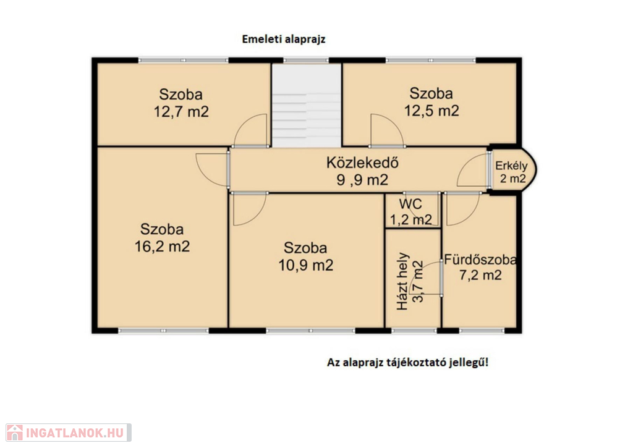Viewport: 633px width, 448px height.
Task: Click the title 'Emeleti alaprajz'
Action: pos(283,39)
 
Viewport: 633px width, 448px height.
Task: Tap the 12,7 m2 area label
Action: pos(181,111)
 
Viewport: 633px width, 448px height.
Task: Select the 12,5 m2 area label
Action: pos(431,111)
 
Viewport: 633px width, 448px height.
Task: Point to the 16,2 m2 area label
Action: pos(162,246)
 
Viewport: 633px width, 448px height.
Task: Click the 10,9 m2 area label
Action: pos(306,265)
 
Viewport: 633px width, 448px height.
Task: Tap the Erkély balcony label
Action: pos(511,166)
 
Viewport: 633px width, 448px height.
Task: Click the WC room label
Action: pos(410,204)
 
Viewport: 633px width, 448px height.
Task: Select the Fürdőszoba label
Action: pos(480,260)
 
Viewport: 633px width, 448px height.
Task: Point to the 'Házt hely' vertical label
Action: pos(403,281)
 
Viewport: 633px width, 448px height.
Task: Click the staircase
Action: pos(307,106)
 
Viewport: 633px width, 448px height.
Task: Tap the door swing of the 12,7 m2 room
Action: pos(250,130)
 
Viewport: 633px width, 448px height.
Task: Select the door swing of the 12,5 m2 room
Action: pos(387,130)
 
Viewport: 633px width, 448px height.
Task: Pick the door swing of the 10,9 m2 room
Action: pos(250,209)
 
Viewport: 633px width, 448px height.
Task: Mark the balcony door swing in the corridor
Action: pos(472,171)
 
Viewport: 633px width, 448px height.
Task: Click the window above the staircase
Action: pos(306,61)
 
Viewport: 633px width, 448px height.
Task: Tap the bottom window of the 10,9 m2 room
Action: pos(310,331)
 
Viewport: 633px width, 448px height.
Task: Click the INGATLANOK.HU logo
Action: pos(69,433)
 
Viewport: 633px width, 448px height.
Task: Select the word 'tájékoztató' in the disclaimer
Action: pos(421,363)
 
